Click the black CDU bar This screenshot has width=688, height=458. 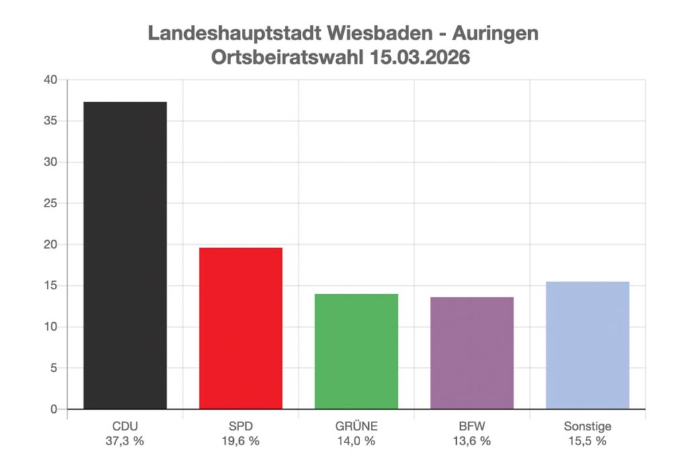[125, 256]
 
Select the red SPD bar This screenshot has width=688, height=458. [241, 328]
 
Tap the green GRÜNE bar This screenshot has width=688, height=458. [356, 351]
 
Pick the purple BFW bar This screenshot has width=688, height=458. [472, 353]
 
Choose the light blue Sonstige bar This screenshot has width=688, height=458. [587, 345]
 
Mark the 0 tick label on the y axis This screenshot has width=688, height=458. [54, 410]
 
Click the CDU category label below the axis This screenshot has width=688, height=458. [125, 426]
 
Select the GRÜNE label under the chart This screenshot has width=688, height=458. [356, 426]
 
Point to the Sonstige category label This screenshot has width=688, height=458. [587, 426]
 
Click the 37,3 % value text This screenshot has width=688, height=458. [125, 441]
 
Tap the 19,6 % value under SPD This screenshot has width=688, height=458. [241, 441]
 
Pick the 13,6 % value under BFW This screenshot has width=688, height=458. [472, 441]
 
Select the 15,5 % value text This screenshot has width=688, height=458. [587, 441]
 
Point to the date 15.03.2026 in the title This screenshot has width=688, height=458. [419, 57]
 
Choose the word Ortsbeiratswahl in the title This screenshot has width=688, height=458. [287, 57]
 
